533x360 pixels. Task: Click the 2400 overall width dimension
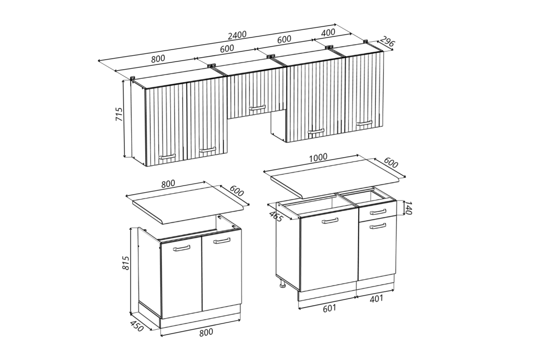pos(237,35)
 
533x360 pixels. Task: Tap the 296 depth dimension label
pos(387,42)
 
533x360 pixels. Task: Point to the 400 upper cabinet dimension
pos(328,33)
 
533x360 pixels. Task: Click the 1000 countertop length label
pos(318,157)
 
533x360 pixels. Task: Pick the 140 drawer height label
pos(408,208)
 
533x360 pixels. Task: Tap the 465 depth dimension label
pos(276,216)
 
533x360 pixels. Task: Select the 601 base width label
pos(329,308)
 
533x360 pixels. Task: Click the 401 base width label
pos(376,299)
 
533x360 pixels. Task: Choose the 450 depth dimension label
pos(137,327)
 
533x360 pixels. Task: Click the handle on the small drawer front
pos(378,213)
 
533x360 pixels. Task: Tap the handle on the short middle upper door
pos(257,108)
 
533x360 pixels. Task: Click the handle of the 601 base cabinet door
pos(329,221)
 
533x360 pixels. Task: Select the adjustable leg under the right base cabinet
pos(282,283)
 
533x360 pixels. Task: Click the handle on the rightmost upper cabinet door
pos(364,123)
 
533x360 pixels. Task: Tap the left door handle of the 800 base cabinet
pos(182,248)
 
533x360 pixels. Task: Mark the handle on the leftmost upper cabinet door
pos(167,156)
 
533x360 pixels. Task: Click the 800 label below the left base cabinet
pos(206,332)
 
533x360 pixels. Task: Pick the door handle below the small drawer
pos(378,226)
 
